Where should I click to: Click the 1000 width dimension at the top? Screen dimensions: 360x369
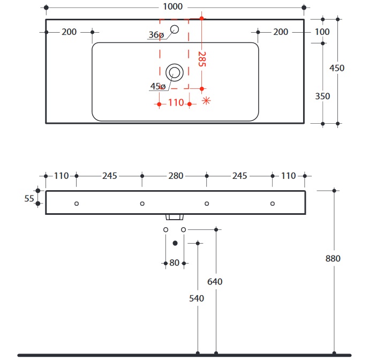pyautogui.click(x=175, y=7)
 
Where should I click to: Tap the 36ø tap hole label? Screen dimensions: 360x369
pyautogui.click(x=156, y=35)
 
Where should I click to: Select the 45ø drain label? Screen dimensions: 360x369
pyautogui.click(x=157, y=86)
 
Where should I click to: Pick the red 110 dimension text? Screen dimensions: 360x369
pyautogui.click(x=176, y=103)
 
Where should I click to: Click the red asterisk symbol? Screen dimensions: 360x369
pyautogui.click(x=206, y=100)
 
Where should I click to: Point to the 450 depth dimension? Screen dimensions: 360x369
pyautogui.click(x=337, y=68)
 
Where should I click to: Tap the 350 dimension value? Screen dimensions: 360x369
pyautogui.click(x=322, y=96)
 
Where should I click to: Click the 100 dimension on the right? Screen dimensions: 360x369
pyautogui.click(x=322, y=32)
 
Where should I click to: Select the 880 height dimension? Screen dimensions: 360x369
pyautogui.click(x=333, y=259)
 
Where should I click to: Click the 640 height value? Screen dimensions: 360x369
pyautogui.click(x=215, y=282)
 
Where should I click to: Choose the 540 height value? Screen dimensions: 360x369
pyautogui.click(x=197, y=298)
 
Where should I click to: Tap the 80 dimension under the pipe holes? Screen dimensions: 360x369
pyautogui.click(x=175, y=263)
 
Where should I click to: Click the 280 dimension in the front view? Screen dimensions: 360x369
pyautogui.click(x=176, y=176)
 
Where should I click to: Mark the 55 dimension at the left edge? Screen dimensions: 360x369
pyautogui.click(x=29, y=198)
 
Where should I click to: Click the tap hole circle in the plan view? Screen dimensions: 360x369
pyautogui.click(x=175, y=29)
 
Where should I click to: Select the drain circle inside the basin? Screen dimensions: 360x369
pyautogui.click(x=174, y=72)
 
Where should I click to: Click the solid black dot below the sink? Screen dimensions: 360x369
pyautogui.click(x=175, y=243)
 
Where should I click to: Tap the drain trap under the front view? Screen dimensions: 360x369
pyautogui.click(x=175, y=217)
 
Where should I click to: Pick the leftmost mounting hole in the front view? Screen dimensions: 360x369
pyautogui.click(x=77, y=204)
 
